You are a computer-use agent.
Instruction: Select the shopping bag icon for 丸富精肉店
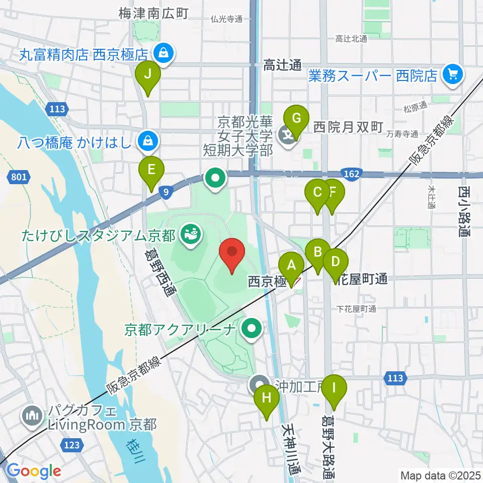tap(163, 52)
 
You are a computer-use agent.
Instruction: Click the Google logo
tap(34, 471)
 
